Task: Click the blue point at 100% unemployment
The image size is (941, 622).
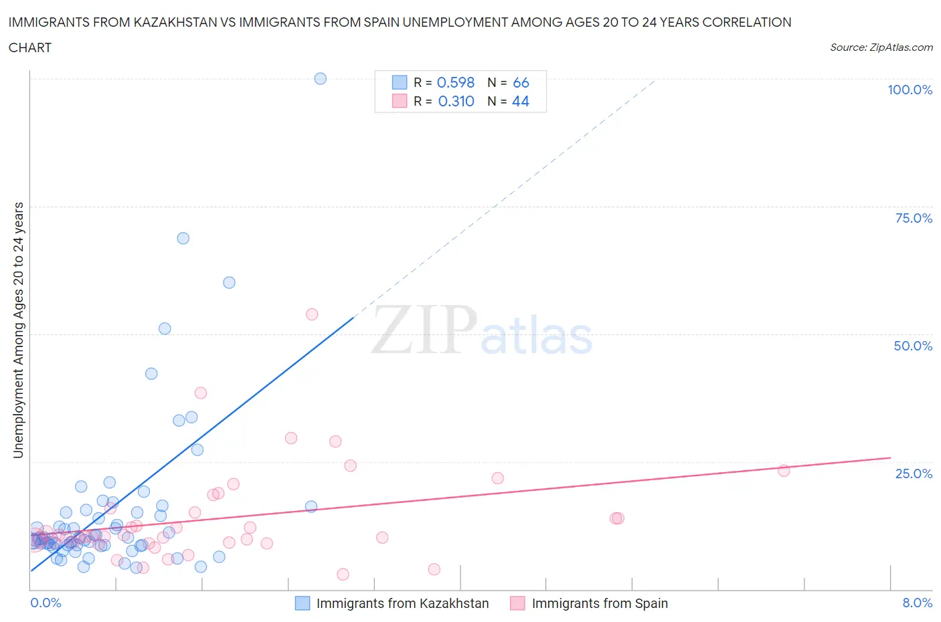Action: (321, 78)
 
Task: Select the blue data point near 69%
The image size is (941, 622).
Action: (183, 238)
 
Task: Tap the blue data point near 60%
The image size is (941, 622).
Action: (229, 282)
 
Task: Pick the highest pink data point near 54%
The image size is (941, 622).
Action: (312, 314)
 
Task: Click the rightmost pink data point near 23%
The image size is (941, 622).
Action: (784, 471)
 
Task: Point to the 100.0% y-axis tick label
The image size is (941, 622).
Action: (910, 90)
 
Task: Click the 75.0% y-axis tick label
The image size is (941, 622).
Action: (914, 218)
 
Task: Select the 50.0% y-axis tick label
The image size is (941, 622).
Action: (913, 346)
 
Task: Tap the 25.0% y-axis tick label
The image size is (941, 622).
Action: (914, 474)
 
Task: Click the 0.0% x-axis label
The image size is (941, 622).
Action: (46, 603)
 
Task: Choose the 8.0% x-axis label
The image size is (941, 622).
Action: (917, 603)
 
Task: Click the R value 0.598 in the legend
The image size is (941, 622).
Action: (455, 82)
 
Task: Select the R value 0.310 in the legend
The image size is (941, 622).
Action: (456, 101)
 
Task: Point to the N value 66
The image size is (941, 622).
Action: (521, 82)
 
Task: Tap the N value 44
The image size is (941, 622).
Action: (521, 101)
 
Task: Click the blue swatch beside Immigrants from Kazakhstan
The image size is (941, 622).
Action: (303, 603)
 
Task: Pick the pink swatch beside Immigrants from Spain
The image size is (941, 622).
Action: (517, 603)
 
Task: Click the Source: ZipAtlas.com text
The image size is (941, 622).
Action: (881, 47)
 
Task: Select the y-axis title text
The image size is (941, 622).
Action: (18, 330)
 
